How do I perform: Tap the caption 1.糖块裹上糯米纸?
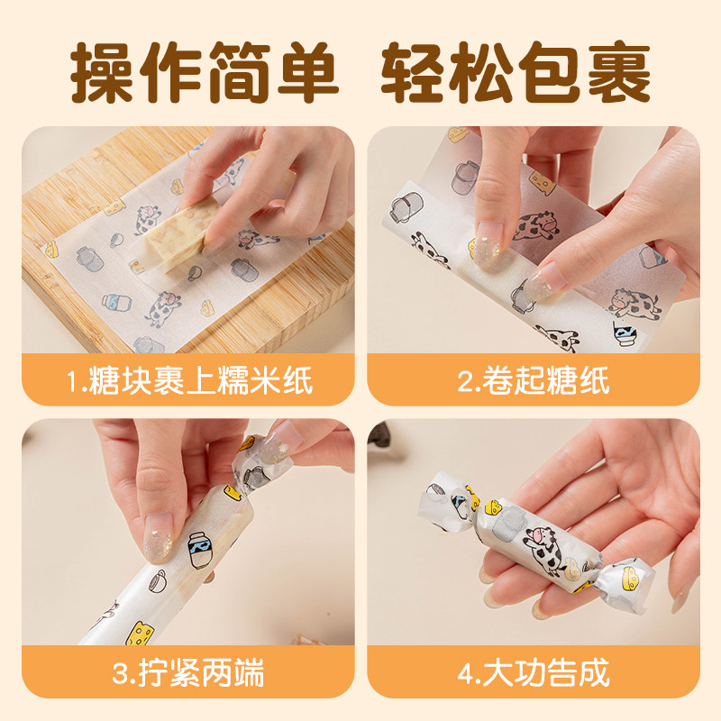coord(189,379)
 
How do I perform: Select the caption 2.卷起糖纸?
coord(534,379)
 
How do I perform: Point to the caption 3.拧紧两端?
coord(189,672)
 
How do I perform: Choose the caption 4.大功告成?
coord(534,672)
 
